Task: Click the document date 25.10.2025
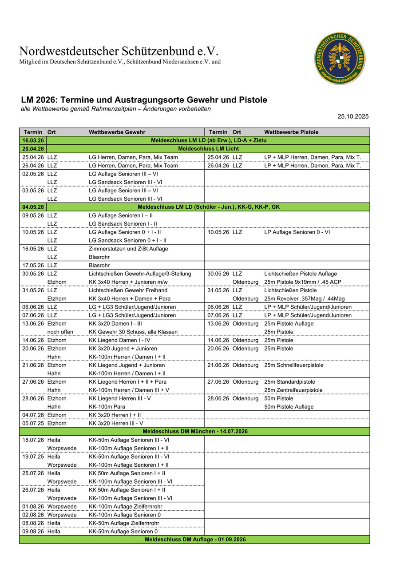point(353,117)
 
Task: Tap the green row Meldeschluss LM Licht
point(208,149)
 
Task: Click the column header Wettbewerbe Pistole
point(291,132)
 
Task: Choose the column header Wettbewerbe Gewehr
point(117,132)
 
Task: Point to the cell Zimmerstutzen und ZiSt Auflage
point(128,249)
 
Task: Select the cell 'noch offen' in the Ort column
point(60,332)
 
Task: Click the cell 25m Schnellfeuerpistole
point(293,365)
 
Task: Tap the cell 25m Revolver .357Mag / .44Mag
point(301,298)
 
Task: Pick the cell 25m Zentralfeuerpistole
point(293,390)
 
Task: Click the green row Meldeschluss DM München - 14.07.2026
point(195,431)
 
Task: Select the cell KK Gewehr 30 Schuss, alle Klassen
point(133,332)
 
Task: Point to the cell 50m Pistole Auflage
point(289,407)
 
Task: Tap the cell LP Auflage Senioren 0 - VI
point(297,232)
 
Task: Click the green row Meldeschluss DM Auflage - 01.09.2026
point(195,539)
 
